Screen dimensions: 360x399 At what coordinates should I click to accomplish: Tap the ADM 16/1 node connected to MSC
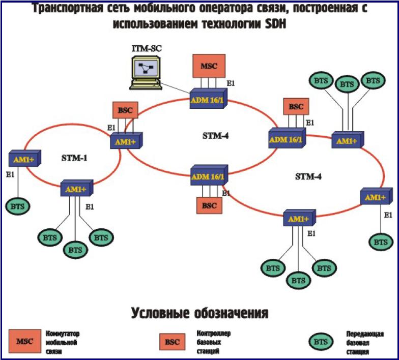[x=207, y=98]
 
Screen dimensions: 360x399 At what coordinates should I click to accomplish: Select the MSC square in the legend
[x=25, y=342]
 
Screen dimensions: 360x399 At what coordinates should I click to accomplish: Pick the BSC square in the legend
[x=172, y=342]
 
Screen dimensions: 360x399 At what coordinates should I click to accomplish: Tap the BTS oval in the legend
[x=321, y=342]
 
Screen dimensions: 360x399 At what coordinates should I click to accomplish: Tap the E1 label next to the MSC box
[x=231, y=83]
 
